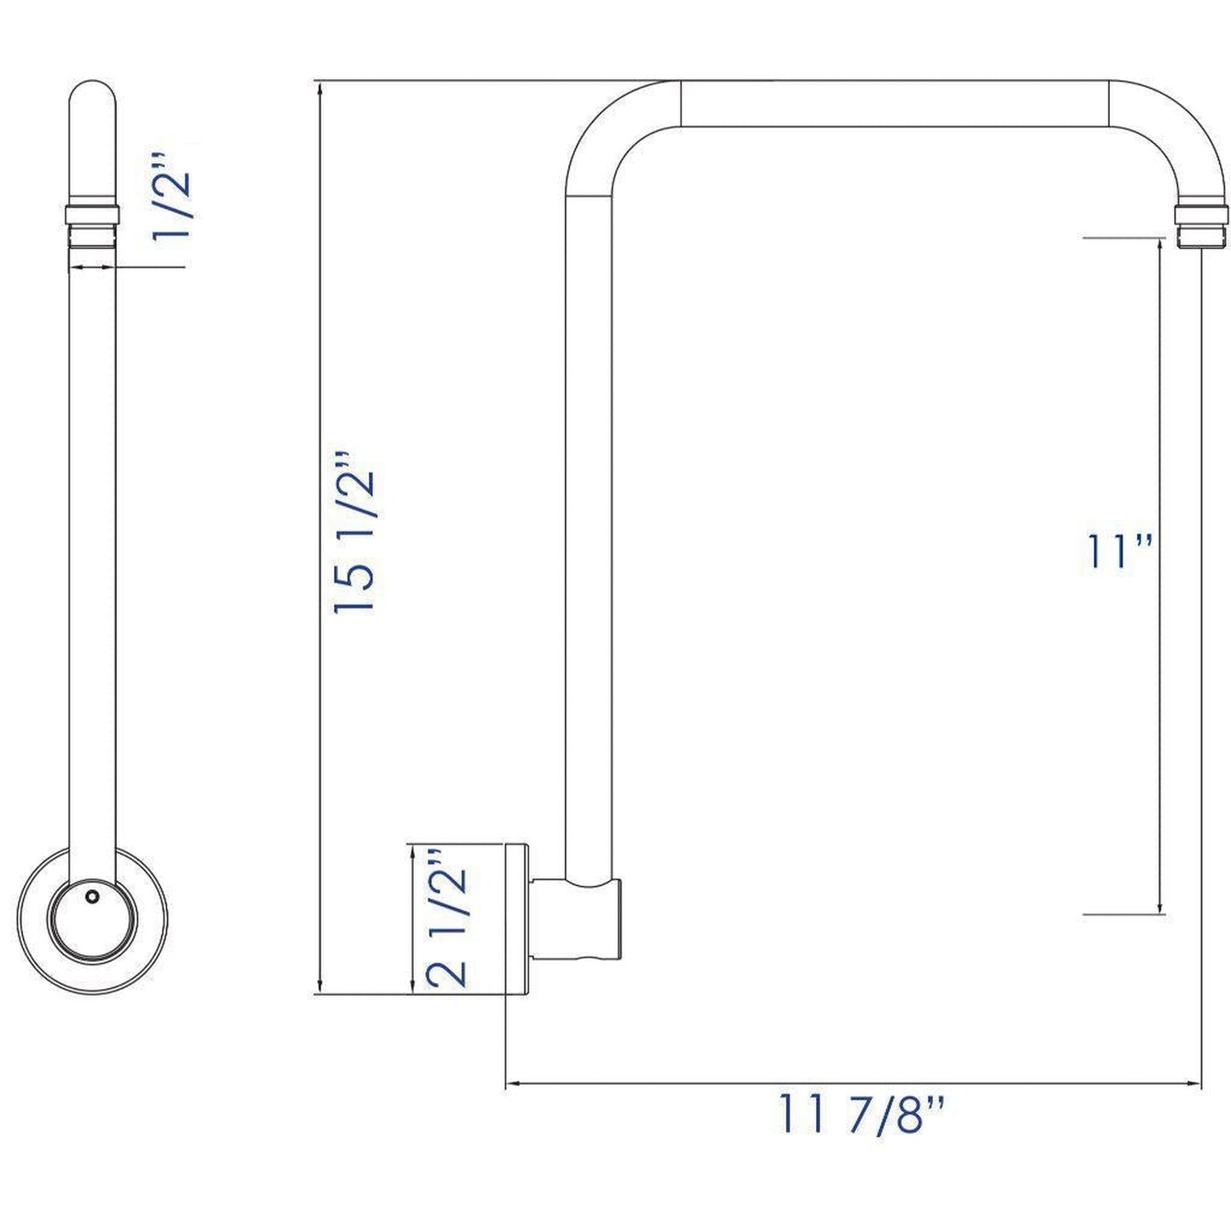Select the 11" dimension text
click(1119, 552)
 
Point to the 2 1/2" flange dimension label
click(447, 917)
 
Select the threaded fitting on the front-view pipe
click(91, 225)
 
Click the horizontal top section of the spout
click(894, 104)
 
